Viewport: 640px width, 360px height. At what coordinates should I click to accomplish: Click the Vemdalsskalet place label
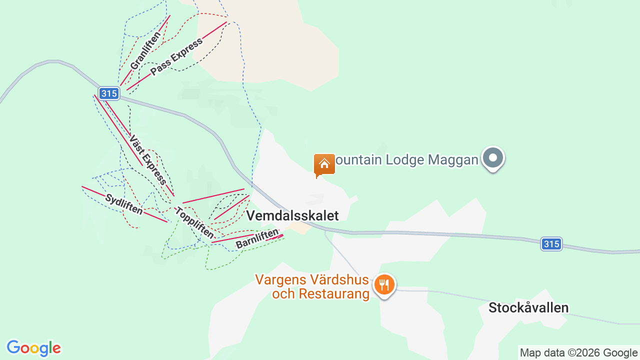pos(292,215)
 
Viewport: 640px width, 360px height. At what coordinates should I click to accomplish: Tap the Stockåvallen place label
pos(528,307)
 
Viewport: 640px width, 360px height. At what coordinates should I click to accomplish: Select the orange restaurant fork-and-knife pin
pos(384,285)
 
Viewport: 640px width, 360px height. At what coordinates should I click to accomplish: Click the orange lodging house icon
pos(324,164)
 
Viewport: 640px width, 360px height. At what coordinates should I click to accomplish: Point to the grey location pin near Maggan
pos(493,158)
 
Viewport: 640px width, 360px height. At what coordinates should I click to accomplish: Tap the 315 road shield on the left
pos(108,93)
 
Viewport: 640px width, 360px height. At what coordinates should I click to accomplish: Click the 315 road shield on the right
pos(551,244)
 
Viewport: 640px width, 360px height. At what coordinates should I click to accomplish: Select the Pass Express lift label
pos(176,56)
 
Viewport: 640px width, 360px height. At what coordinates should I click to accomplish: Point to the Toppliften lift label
pos(194,222)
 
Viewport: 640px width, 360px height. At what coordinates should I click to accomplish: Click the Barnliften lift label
pos(256,239)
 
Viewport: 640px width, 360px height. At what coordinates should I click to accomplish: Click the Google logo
pos(34,348)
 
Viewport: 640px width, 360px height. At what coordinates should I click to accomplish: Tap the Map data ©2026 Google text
pos(578,352)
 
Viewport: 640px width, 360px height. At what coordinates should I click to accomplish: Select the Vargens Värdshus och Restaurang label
pos(312,286)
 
